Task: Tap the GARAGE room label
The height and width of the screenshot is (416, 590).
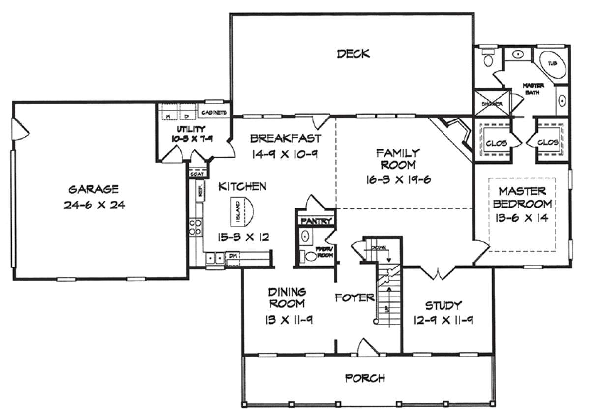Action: [93, 189]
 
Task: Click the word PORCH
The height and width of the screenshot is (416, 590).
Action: [365, 378]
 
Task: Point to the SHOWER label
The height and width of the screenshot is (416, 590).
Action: [489, 104]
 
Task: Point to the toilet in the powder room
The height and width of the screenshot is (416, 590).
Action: [309, 256]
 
